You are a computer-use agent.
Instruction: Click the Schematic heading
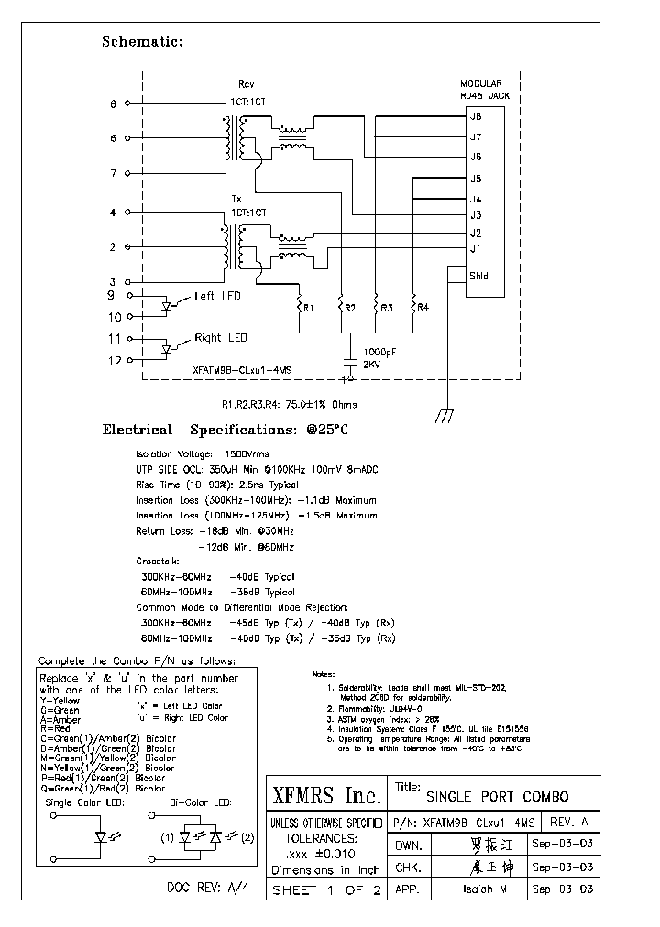click(x=142, y=42)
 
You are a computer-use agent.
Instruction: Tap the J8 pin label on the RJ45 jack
click(x=475, y=116)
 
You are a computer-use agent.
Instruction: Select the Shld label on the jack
click(x=478, y=276)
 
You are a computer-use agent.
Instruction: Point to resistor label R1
click(x=309, y=308)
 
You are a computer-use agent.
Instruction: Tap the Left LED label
click(x=218, y=296)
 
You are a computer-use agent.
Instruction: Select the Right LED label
click(x=221, y=338)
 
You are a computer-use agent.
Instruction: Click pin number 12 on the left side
click(x=115, y=360)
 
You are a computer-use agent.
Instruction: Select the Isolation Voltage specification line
click(x=196, y=453)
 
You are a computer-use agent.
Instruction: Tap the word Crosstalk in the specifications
click(x=159, y=560)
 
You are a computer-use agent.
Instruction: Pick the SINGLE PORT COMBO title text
click(x=497, y=796)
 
